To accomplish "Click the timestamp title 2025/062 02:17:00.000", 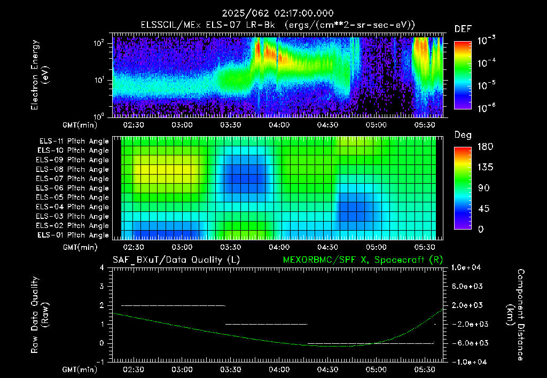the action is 278,13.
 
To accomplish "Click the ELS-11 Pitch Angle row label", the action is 74,141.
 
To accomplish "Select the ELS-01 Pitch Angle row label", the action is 73,235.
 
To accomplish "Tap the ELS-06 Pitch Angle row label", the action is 72,188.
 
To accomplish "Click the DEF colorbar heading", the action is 463,29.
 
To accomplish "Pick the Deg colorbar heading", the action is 463,135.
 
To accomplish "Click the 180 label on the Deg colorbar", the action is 485,146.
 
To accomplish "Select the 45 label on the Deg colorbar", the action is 483,209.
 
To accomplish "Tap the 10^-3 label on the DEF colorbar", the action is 486,40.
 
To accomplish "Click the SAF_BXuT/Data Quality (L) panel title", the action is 176,260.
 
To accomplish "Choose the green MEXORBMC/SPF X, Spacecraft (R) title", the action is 363,260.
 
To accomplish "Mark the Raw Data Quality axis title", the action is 40,314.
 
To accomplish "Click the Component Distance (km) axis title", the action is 515,315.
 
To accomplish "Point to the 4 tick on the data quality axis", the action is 102,268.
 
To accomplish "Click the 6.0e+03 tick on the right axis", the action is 467,286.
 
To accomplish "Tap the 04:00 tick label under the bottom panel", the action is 279,369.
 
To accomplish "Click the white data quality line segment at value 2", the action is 173,305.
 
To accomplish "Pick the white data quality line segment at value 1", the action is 267,324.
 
